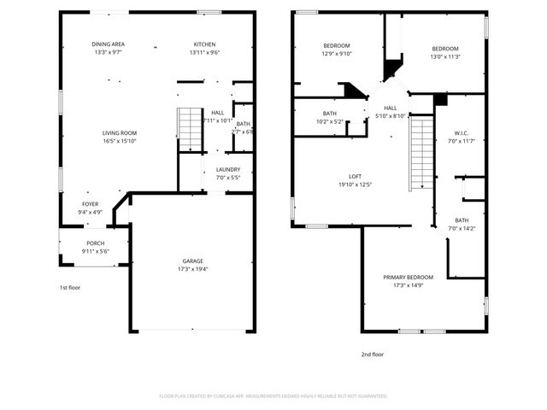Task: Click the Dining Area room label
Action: click(109, 44)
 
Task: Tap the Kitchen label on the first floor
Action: click(204, 44)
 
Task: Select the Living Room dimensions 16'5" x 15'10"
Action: click(120, 141)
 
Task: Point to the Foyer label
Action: click(90, 204)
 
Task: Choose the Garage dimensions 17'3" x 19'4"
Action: click(192, 269)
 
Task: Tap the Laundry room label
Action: click(227, 169)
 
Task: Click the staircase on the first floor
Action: click(188, 128)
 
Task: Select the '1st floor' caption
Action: click(69, 288)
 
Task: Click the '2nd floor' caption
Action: click(372, 353)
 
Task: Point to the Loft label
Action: click(355, 176)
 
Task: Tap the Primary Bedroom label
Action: click(408, 278)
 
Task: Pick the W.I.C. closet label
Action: click(462, 132)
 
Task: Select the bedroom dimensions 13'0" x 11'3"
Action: click(444, 57)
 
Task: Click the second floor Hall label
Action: click(391, 108)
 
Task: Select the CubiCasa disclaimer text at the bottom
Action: click(273, 395)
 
